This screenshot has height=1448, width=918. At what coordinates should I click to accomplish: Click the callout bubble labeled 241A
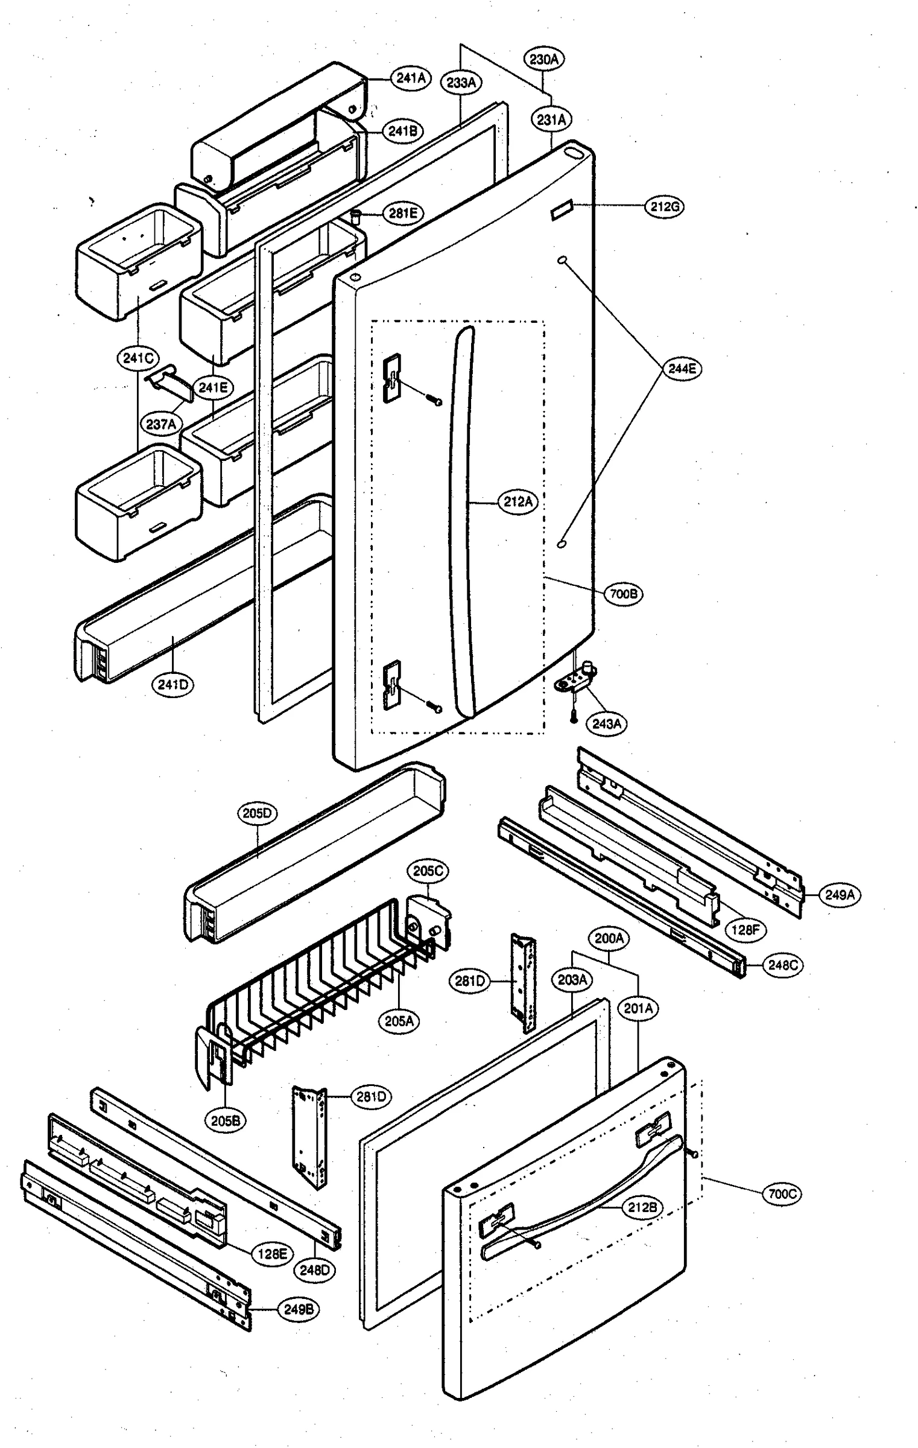(411, 78)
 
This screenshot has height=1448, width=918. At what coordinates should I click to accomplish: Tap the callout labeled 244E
(682, 369)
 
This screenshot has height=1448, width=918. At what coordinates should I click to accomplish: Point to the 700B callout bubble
(623, 594)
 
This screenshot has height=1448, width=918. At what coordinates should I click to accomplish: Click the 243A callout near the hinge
(606, 723)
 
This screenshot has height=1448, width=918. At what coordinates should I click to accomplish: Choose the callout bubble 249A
(840, 895)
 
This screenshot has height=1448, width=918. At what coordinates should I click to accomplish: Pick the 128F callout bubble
(745, 930)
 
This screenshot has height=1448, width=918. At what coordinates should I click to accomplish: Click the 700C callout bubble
(782, 1193)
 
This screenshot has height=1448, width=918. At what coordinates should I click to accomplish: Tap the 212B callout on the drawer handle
(642, 1207)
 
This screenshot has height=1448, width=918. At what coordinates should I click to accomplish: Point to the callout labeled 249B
(298, 1309)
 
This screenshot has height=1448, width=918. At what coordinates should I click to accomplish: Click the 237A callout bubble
(161, 424)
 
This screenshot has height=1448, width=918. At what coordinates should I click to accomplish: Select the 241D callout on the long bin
(173, 685)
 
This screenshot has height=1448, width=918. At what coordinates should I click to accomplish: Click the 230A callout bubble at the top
(544, 59)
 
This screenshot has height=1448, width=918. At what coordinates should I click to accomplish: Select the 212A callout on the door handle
(518, 501)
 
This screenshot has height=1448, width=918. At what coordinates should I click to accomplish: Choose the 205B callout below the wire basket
(225, 1120)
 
